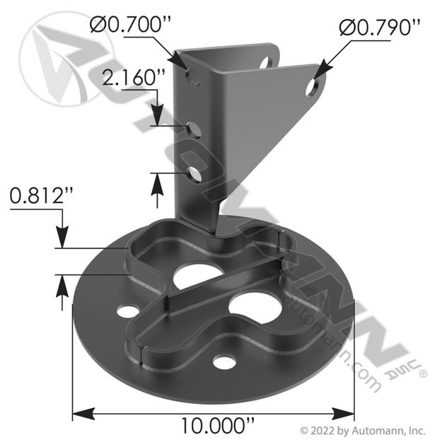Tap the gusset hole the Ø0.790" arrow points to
312,88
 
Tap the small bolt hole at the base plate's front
224,363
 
